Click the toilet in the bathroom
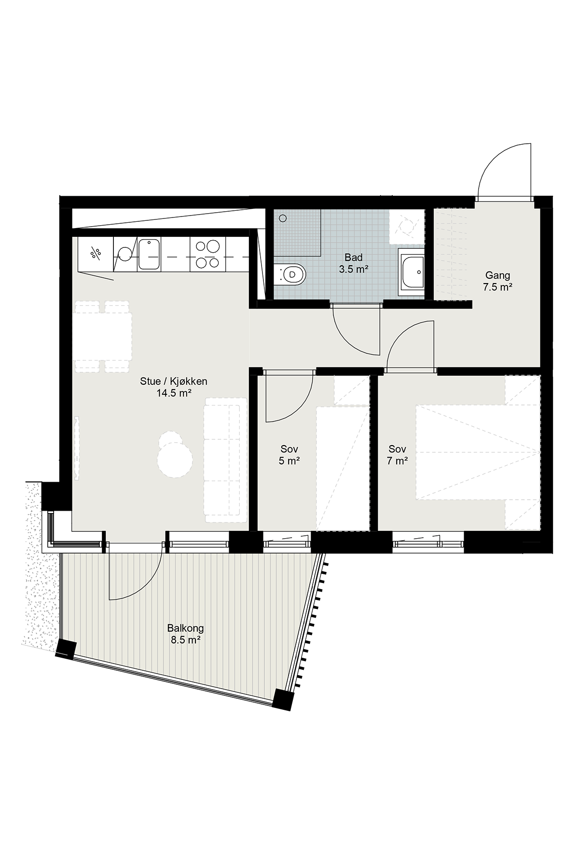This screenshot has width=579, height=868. (x=289, y=274)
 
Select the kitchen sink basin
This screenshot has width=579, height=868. (x=149, y=254)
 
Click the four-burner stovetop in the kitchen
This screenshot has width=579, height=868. (x=207, y=254)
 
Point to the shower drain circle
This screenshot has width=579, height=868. (x=282, y=218)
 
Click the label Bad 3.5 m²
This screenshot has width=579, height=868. (x=353, y=263)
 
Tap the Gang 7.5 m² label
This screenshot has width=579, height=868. (x=497, y=282)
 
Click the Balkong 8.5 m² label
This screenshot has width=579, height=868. (x=185, y=634)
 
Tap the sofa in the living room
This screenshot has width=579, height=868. (x=225, y=460)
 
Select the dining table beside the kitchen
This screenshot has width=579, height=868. (x=102, y=336)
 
